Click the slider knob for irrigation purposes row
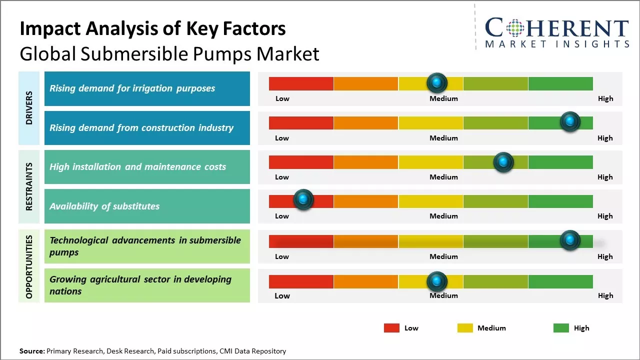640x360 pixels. (x=437, y=82)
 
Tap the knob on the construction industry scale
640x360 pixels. (x=569, y=121)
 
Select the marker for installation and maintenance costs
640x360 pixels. (x=503, y=162)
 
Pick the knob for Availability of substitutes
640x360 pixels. (x=303, y=199)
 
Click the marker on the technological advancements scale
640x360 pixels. (x=569, y=240)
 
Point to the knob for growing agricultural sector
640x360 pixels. (x=437, y=281)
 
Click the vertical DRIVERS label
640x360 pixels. (x=29, y=108)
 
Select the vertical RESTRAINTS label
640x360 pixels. (x=29, y=186)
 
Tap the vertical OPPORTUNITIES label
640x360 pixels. (x=29, y=267)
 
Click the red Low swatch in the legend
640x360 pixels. (x=391, y=328)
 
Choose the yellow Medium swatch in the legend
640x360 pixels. (x=465, y=328)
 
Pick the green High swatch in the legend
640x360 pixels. (x=561, y=328)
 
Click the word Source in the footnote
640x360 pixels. (x=32, y=351)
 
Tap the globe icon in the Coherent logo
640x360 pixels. (x=515, y=28)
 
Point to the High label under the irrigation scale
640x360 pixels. (x=605, y=98)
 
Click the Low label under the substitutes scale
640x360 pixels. (x=282, y=216)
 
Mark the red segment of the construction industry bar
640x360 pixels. (x=301, y=123)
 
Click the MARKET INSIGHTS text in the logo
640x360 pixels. (x=556, y=44)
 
